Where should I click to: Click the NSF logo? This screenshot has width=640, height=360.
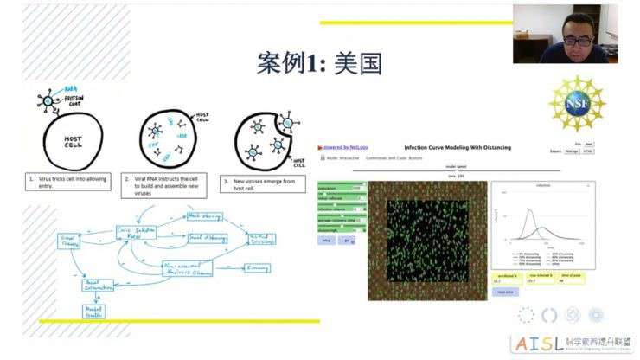[577, 104]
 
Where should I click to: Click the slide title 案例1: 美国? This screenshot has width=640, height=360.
[319, 63]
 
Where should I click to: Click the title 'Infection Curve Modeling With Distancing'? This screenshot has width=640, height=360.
[458, 148]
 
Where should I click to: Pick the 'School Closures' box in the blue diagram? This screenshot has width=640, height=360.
[68, 241]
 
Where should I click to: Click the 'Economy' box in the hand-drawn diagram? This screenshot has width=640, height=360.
[256, 268]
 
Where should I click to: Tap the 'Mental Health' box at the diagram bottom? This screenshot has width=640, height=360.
[93, 312]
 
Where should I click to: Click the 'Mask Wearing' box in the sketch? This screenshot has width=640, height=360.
[203, 217]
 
